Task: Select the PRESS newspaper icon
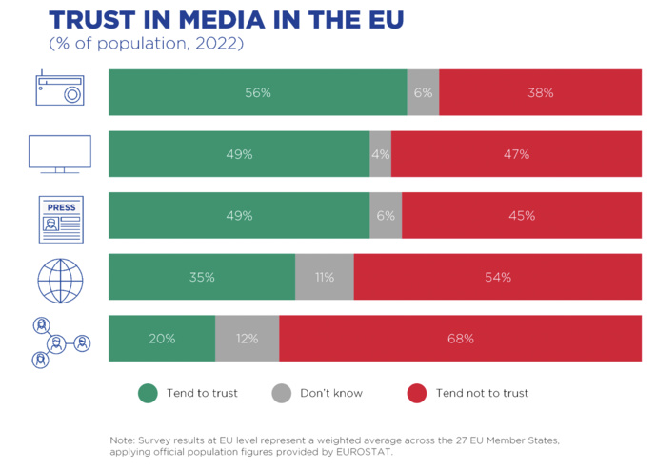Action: [61, 216]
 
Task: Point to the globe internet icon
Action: [60, 278]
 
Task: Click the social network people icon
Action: [60, 341]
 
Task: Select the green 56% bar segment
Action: [257, 92]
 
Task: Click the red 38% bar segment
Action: [540, 92]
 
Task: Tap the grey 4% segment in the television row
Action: [380, 154]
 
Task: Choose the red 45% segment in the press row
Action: [521, 216]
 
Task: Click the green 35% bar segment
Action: [202, 278]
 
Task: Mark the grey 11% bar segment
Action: [324, 278]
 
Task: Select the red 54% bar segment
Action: [497, 278]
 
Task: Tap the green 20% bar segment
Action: [162, 339]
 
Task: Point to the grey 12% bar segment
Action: [247, 339]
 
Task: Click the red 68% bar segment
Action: [460, 339]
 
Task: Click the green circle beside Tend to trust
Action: [148, 393]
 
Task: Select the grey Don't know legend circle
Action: [281, 393]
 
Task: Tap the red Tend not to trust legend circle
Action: [416, 393]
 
